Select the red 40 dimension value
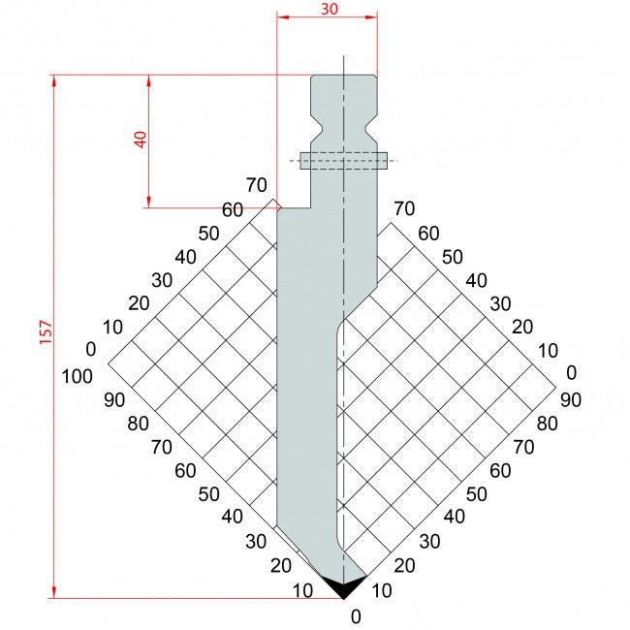click(x=142, y=138)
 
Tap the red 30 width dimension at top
click(x=328, y=9)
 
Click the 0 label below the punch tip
click(x=356, y=615)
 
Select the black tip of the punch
click(x=343, y=585)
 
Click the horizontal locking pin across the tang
click(x=343, y=160)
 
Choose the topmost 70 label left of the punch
click(x=256, y=184)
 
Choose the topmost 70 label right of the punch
click(x=403, y=208)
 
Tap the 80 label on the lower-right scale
click(x=548, y=423)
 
